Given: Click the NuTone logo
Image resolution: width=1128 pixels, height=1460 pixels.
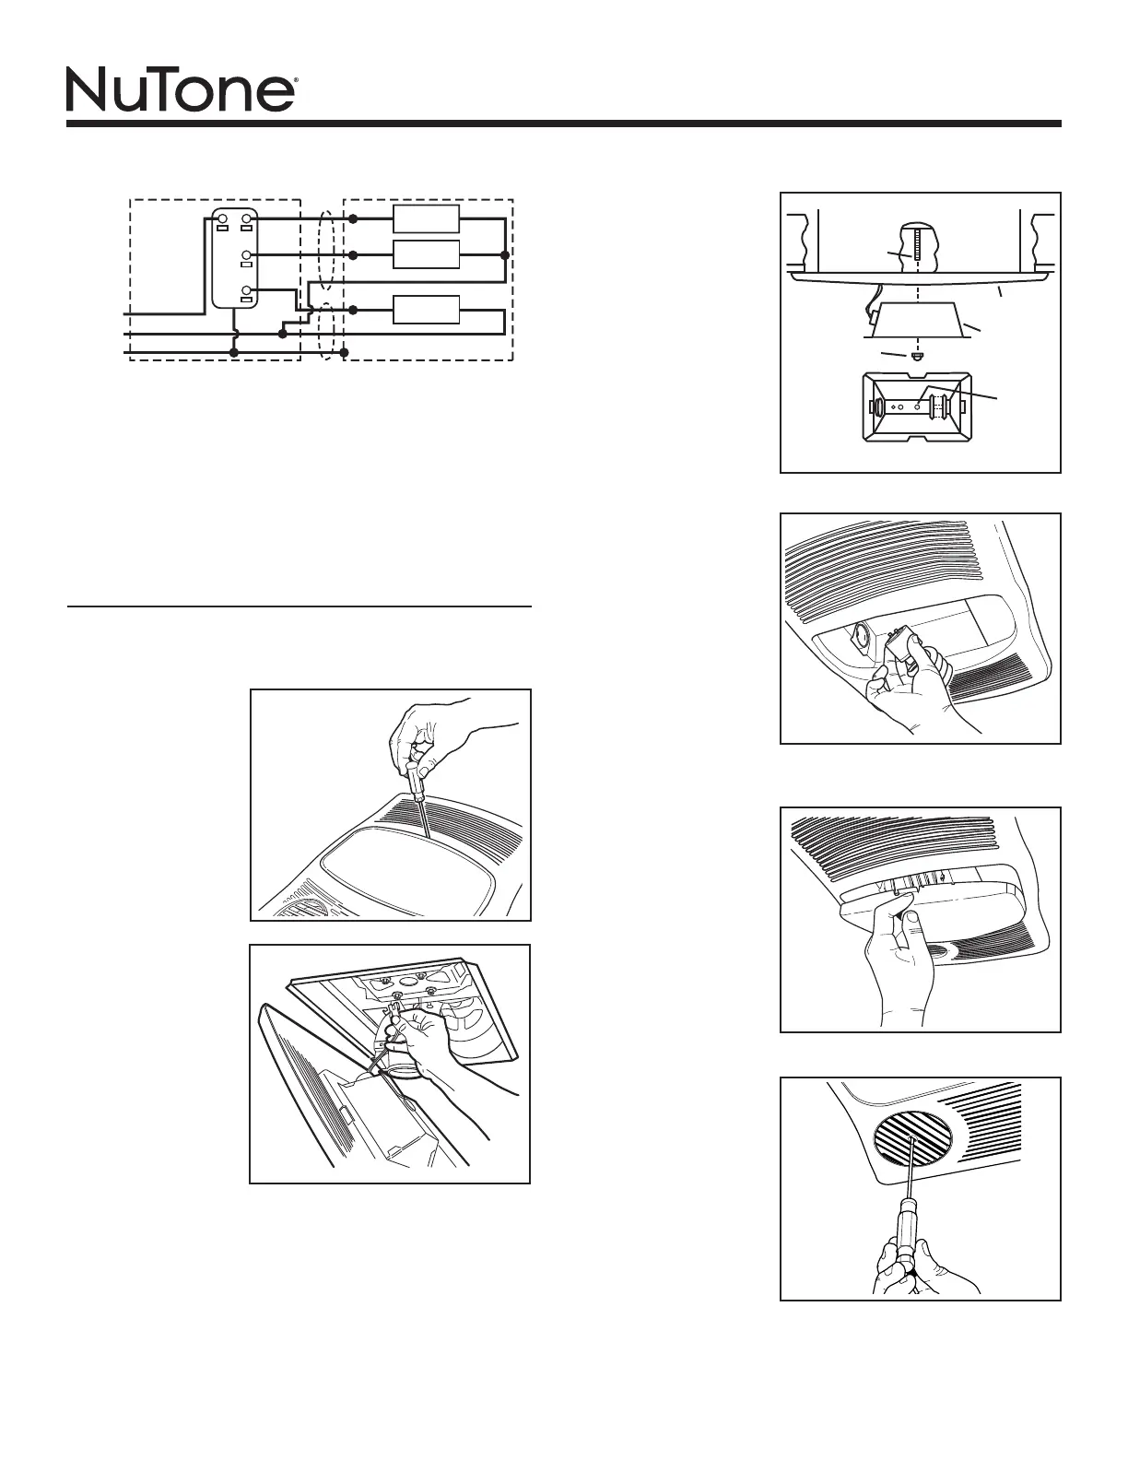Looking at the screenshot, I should coord(181,89).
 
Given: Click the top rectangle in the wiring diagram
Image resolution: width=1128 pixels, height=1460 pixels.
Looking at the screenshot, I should coord(426,219).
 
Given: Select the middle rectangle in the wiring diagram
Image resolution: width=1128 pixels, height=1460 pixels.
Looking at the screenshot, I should coord(426,253).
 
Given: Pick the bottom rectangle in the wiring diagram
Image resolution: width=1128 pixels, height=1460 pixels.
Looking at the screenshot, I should coord(426,310).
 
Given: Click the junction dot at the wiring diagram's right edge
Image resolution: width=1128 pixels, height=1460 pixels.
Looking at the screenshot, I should coord(504,253).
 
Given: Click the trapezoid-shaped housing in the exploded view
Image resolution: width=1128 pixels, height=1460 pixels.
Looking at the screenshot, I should coord(920,318).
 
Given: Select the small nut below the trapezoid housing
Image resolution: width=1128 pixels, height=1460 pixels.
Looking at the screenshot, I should coord(916,356).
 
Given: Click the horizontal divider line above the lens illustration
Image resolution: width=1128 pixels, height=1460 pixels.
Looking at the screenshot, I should coord(300,607).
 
